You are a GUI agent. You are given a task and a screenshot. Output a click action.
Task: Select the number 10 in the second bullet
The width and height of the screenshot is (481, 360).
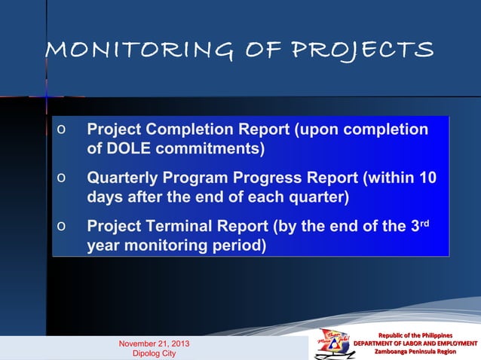427,178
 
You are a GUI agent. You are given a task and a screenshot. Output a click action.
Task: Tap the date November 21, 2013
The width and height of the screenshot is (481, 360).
154,343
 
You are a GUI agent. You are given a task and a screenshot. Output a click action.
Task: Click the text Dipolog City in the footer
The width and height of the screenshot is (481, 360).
154,353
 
